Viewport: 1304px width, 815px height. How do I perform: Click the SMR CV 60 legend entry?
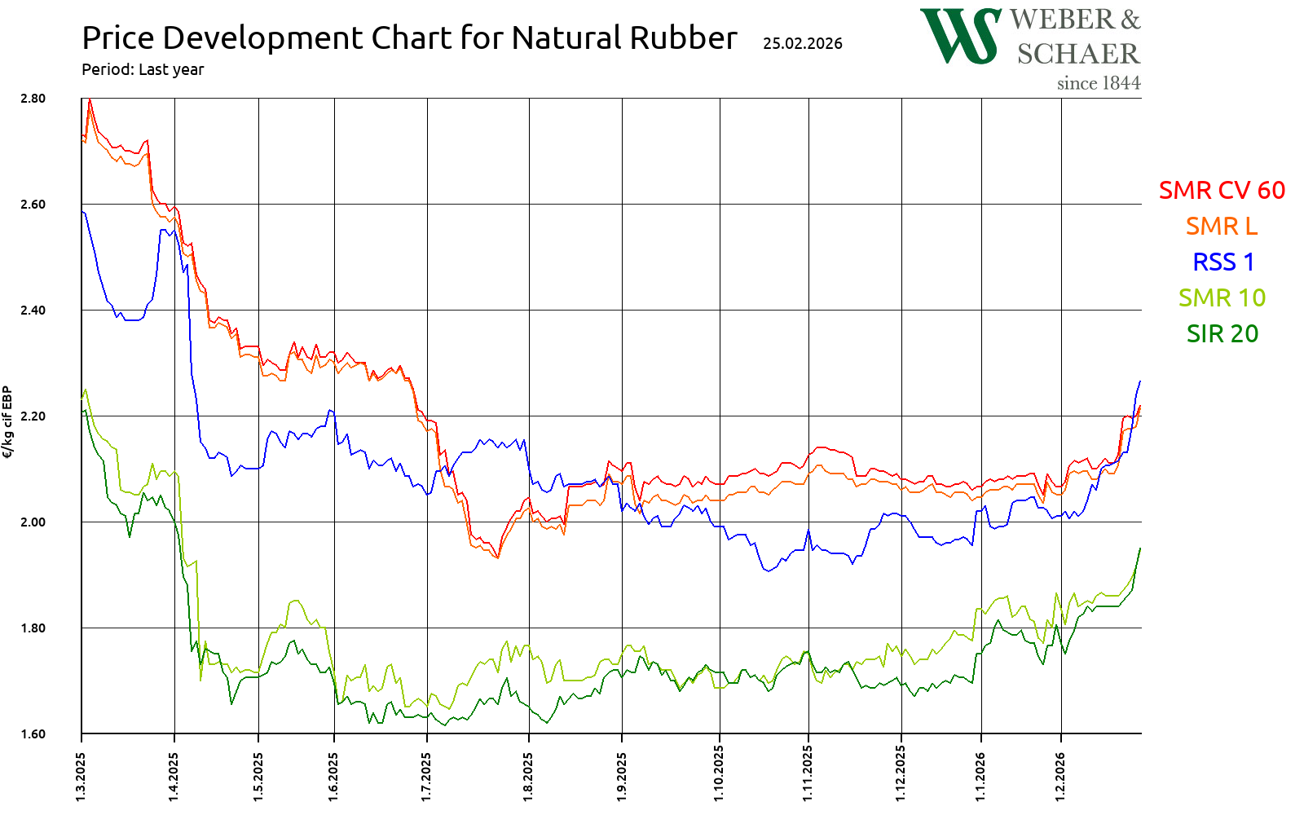tap(1221, 190)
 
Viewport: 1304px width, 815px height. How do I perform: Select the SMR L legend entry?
tap(1221, 226)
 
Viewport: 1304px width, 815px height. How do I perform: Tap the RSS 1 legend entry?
tap(1222, 262)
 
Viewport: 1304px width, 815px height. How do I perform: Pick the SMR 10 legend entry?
tap(1221, 297)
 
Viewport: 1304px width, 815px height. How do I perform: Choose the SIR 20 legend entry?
tap(1222, 333)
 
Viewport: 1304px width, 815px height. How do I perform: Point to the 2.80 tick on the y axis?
tap(33, 99)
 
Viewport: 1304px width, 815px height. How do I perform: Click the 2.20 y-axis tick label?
tap(33, 416)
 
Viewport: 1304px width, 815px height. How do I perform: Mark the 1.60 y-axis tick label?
tap(33, 734)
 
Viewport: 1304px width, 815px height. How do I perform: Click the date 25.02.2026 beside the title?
tap(802, 43)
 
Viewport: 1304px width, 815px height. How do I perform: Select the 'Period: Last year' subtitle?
tap(143, 69)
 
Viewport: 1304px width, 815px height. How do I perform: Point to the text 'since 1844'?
tap(1098, 83)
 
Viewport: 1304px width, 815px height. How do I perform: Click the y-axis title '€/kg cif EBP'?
tap(8, 422)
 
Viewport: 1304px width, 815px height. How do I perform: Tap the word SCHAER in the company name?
tap(1077, 54)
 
